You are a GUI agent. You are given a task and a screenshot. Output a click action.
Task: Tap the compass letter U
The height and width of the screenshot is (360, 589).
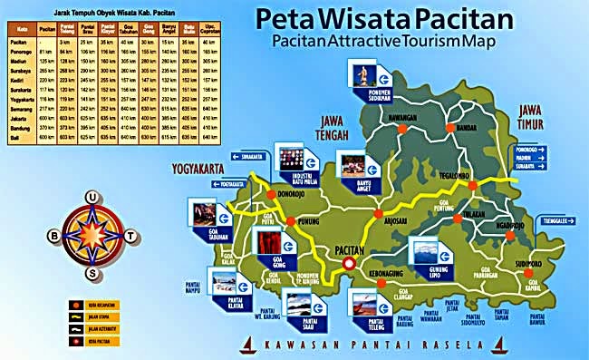coord(92,196)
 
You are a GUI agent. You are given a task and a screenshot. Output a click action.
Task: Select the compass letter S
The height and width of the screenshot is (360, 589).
coord(92,273)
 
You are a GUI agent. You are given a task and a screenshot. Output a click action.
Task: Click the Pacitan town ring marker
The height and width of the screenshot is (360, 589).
coord(347,265)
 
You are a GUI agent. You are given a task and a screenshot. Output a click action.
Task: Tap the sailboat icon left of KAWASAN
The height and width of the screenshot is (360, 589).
coord(248,345)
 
